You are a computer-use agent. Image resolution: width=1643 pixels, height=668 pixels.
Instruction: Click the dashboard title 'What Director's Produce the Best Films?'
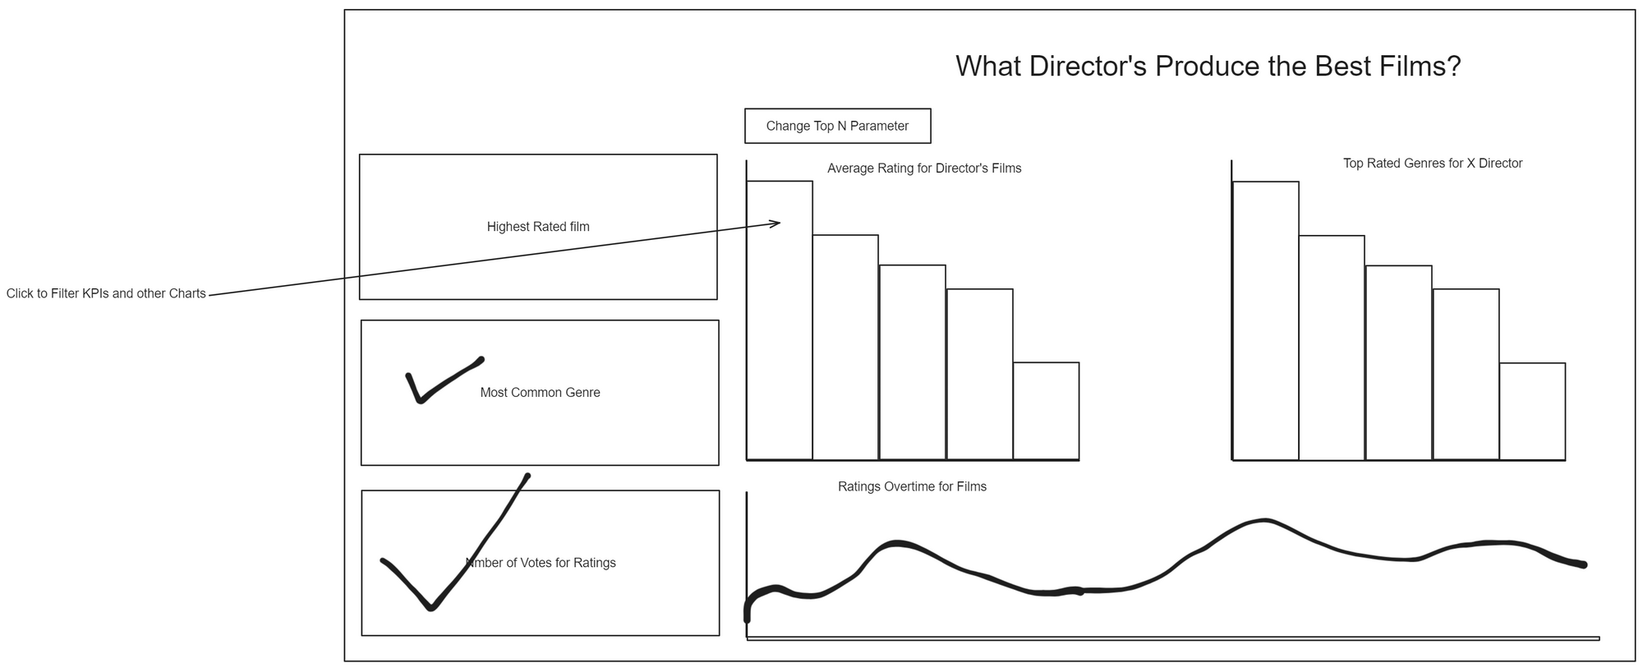click(1208, 67)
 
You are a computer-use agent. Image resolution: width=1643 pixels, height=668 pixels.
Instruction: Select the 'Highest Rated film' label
click(538, 227)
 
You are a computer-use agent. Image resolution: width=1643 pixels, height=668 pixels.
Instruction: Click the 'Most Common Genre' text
click(540, 393)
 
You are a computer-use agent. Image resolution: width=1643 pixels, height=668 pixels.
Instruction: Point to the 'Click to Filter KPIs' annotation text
click(106, 293)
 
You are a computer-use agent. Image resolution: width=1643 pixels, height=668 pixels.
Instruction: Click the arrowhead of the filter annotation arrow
click(777, 222)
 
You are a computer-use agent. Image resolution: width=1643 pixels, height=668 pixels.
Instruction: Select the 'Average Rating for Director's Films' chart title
click(924, 168)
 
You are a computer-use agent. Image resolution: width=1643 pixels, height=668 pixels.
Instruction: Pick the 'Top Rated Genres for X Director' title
click(1433, 164)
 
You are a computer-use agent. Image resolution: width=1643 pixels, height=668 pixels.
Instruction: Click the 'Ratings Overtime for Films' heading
click(912, 486)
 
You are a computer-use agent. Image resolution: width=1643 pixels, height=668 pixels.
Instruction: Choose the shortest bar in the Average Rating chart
click(1046, 411)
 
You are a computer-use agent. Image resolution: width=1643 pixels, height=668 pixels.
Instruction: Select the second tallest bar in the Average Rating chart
click(845, 347)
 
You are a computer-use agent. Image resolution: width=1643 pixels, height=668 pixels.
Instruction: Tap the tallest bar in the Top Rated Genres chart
click(1265, 320)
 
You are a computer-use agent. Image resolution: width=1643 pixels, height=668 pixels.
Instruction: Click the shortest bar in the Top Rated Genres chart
click(1532, 411)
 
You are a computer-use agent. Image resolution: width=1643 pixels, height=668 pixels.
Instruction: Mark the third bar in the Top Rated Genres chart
click(1398, 362)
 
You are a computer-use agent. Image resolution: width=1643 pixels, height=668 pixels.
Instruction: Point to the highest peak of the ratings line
click(1265, 520)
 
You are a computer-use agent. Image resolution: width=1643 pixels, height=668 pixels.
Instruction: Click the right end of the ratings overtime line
click(1583, 564)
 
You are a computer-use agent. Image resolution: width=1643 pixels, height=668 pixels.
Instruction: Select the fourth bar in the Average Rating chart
click(979, 374)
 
